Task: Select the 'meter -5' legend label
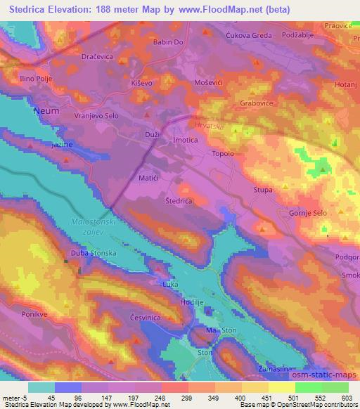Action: coord(15,398)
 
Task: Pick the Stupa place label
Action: coord(263,190)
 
